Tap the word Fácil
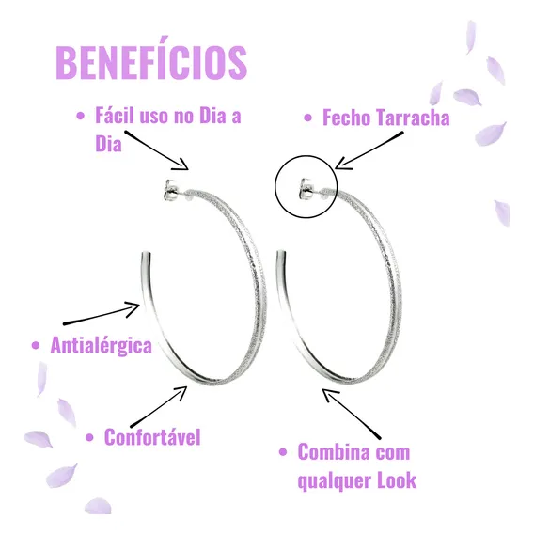pos(115,115)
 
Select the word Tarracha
pos(413,118)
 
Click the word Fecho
pos(347,118)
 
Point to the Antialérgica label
pos(102,345)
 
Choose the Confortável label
pos(152,437)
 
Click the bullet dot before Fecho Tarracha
pos(307,118)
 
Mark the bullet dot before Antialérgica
pos(36,346)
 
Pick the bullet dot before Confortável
pos(89,437)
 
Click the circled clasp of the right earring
pos(306,188)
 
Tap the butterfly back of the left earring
pos(170,189)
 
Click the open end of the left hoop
pos(146,254)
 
